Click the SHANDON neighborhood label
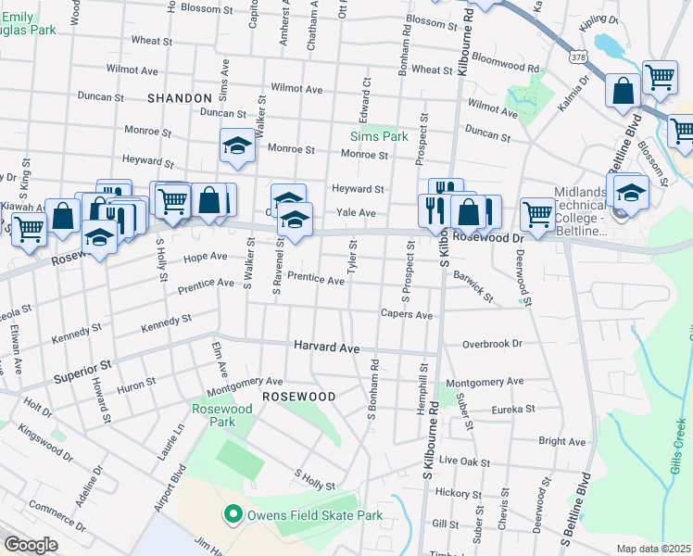pyautogui.click(x=180, y=97)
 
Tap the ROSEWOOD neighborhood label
pyautogui.click(x=298, y=396)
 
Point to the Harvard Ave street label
pyautogui.click(x=326, y=346)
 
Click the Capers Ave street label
pyautogui.click(x=407, y=315)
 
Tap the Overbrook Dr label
pyautogui.click(x=492, y=343)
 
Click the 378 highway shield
pyautogui.click(x=578, y=57)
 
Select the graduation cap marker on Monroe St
pyautogui.click(x=237, y=145)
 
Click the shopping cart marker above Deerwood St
pyautogui.click(x=537, y=213)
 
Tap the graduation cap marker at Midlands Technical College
pyautogui.click(x=631, y=192)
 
